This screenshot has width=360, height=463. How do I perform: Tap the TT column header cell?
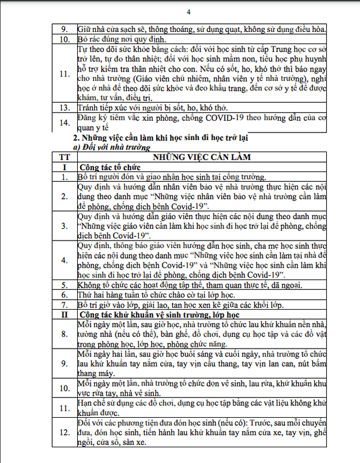64,157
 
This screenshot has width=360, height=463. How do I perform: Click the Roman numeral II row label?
64,314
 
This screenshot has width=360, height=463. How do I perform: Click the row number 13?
64,107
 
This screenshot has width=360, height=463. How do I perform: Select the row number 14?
64,123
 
